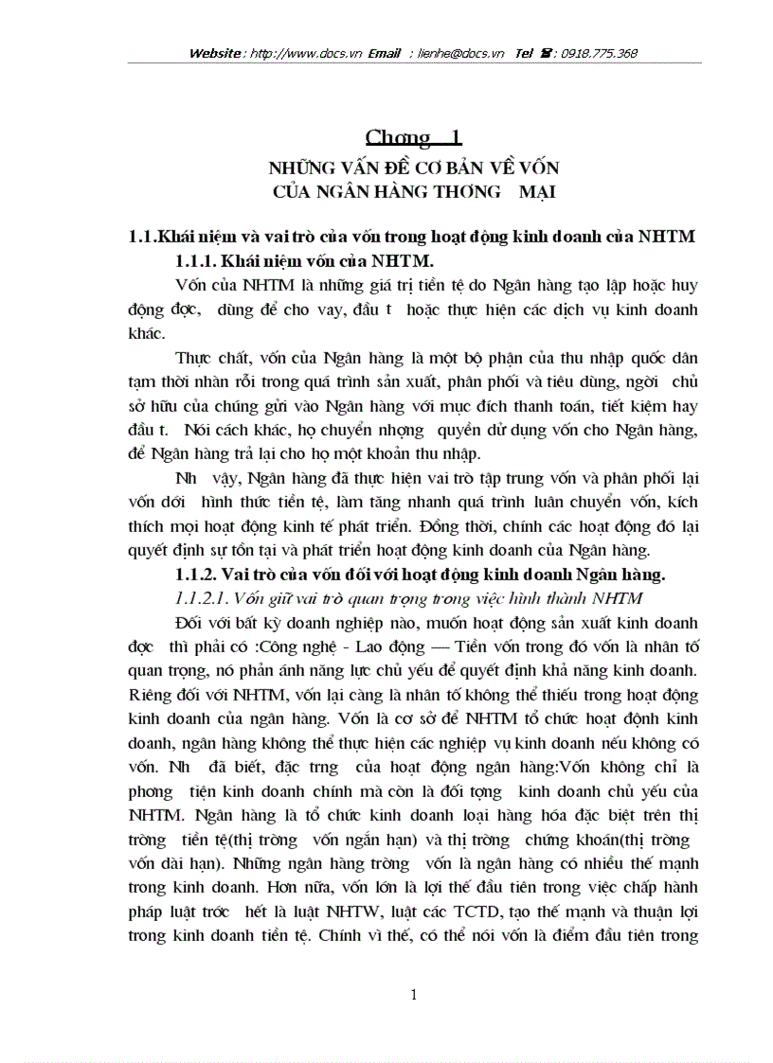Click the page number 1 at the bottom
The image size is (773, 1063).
[414, 994]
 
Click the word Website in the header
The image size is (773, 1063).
[215, 54]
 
